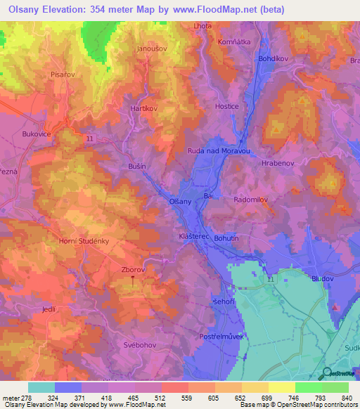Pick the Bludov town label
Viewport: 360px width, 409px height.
coord(323,278)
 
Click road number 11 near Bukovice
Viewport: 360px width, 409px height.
coord(89,139)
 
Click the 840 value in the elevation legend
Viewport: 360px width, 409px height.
coord(347,397)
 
